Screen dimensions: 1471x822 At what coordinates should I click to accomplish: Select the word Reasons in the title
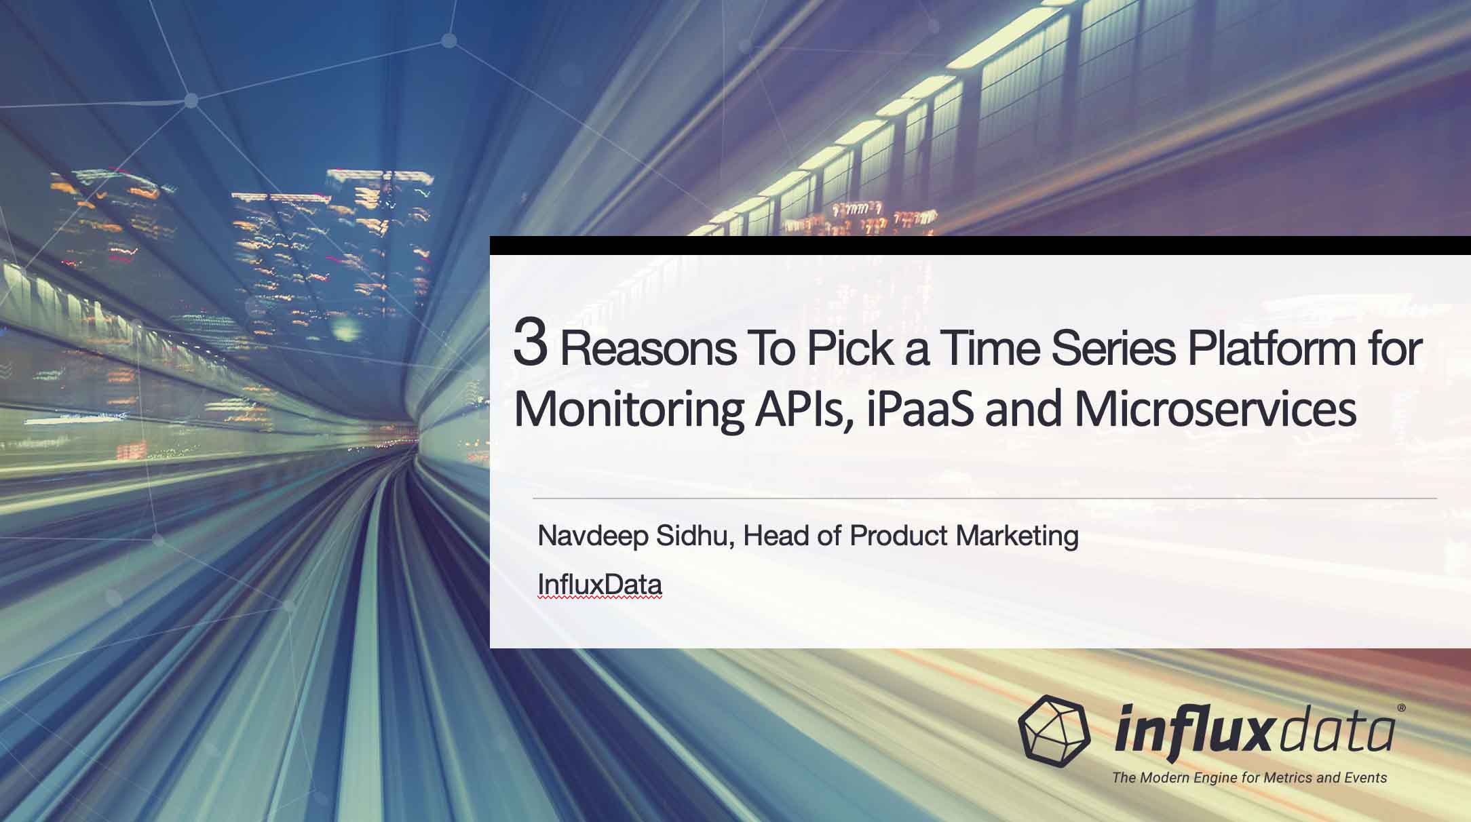coord(648,349)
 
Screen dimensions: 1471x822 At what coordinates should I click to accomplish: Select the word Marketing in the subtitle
coord(1017,536)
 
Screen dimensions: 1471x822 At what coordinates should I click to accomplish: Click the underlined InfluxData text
coord(600,585)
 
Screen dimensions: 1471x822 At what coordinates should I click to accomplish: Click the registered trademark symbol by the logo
coord(1402,707)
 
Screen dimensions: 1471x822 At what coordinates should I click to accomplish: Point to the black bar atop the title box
coord(980,246)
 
